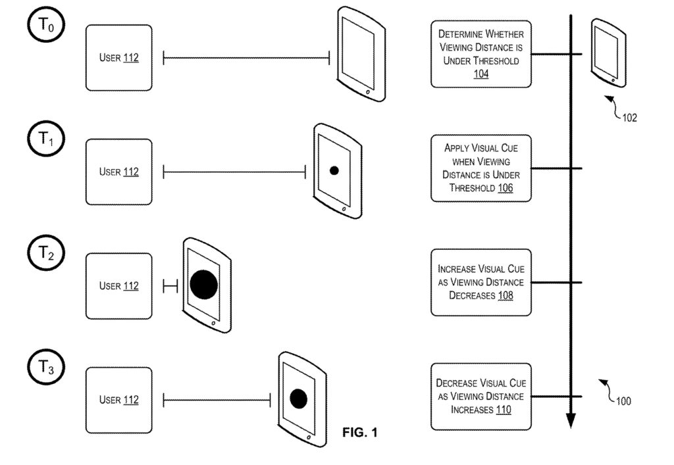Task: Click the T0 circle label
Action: click(x=43, y=26)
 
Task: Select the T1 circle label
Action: click(x=43, y=139)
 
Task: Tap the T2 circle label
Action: click(x=43, y=254)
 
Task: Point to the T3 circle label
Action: click(x=43, y=368)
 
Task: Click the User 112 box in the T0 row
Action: click(x=118, y=58)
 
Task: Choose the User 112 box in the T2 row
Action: click(x=118, y=286)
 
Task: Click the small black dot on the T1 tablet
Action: click(x=334, y=170)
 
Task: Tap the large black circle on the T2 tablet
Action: click(x=203, y=284)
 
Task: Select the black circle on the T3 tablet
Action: click(x=299, y=399)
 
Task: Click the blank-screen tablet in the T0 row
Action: click(x=361, y=54)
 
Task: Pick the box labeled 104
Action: click(x=481, y=54)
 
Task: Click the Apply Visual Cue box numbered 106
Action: click(x=481, y=168)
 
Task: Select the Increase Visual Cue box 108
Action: click(x=481, y=282)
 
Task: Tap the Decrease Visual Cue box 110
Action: click(x=481, y=396)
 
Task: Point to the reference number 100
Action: click(x=622, y=401)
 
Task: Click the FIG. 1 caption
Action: click(x=360, y=433)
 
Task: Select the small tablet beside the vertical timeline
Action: click(x=608, y=52)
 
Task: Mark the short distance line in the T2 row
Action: click(x=170, y=286)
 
